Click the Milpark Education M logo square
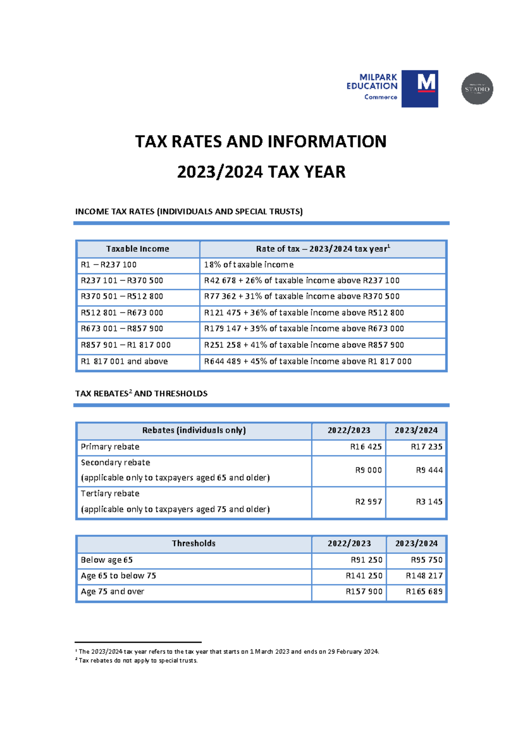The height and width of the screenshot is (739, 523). point(419,88)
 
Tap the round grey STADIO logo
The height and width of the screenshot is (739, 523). point(477,88)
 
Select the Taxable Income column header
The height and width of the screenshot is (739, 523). point(137,249)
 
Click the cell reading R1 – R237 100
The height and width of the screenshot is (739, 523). point(109,265)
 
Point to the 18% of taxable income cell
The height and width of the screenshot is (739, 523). point(248,265)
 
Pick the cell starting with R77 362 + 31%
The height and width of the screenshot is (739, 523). point(302,296)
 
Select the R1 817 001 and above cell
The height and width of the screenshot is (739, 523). point(124,361)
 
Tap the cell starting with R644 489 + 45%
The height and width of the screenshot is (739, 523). point(307,361)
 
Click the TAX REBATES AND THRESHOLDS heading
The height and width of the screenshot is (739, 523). point(141,393)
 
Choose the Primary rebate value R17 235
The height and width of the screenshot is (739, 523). point(426,447)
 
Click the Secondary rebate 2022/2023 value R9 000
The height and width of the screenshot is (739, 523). point(368,470)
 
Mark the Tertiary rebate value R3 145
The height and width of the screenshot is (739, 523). point(429,502)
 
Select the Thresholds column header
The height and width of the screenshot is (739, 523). point(194,543)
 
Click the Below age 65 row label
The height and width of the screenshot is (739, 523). point(106,560)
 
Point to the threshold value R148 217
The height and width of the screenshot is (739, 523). point(424,576)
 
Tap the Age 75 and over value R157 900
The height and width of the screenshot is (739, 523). point(364,591)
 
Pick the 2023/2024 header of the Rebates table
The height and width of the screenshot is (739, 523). point(416,431)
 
